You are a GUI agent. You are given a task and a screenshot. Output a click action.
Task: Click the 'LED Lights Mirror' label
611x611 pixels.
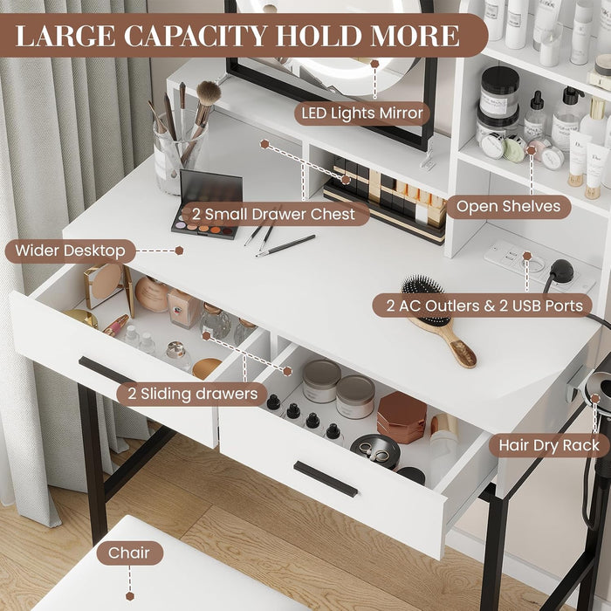362,113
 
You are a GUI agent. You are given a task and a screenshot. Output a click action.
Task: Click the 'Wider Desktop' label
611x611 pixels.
70,251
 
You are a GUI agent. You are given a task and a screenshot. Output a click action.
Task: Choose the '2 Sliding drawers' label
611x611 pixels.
191,394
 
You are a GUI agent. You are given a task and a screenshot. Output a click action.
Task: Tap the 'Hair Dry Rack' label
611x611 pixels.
548,445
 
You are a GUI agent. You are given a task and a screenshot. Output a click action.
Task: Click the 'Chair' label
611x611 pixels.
129,553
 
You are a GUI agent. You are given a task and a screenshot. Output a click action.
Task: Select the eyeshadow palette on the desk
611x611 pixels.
206,203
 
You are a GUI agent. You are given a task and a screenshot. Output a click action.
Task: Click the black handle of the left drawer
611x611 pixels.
106,370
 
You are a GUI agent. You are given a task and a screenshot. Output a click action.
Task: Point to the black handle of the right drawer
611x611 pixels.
325,479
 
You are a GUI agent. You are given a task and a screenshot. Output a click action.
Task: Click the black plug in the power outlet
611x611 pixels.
560,271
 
